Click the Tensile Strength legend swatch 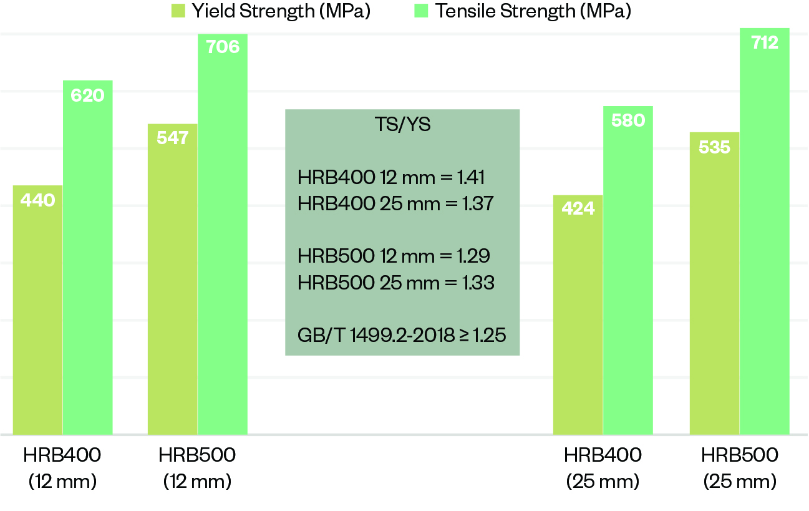tap(421, 11)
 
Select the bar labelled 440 tap(37, 309)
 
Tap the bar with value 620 tap(88, 257)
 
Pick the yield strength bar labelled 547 tap(173, 279)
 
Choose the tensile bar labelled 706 tap(223, 234)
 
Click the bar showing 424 tap(578, 314)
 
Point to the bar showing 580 tap(628, 270)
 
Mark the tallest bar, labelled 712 tap(765, 231)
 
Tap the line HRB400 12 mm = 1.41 tap(392, 177)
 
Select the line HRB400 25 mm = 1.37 tap(396, 203)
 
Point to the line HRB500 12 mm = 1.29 tap(394, 256)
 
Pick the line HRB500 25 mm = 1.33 tap(396, 283)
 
